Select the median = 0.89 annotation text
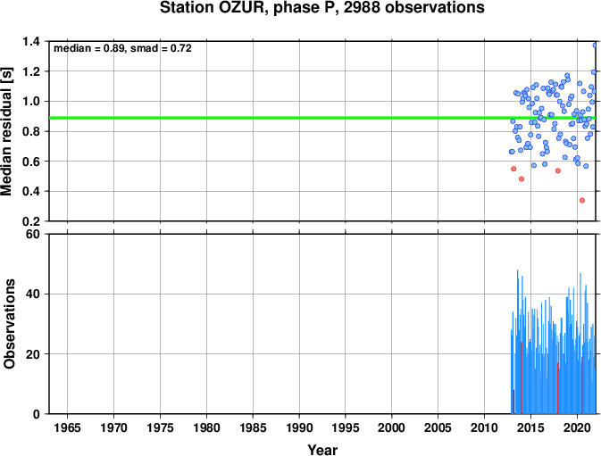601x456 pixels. click(89, 48)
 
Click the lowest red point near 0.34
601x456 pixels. click(582, 200)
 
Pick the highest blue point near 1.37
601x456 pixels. click(596, 46)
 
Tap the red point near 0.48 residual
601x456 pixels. click(522, 178)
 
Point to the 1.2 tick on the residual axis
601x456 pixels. click(31, 71)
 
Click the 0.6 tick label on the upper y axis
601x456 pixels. click(31, 162)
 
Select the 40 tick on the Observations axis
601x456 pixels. click(33, 294)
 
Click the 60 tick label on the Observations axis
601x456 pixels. click(33, 234)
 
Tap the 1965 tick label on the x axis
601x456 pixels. click(68, 427)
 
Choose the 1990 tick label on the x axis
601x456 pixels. click(299, 427)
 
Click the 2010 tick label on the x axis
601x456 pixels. click(485, 427)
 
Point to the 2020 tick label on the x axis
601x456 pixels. click(577, 427)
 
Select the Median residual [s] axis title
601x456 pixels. click(6, 131)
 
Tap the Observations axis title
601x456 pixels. click(9, 324)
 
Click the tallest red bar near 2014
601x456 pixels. click(522, 377)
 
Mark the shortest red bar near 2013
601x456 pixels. click(513, 402)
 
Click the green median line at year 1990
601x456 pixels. click(299, 118)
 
